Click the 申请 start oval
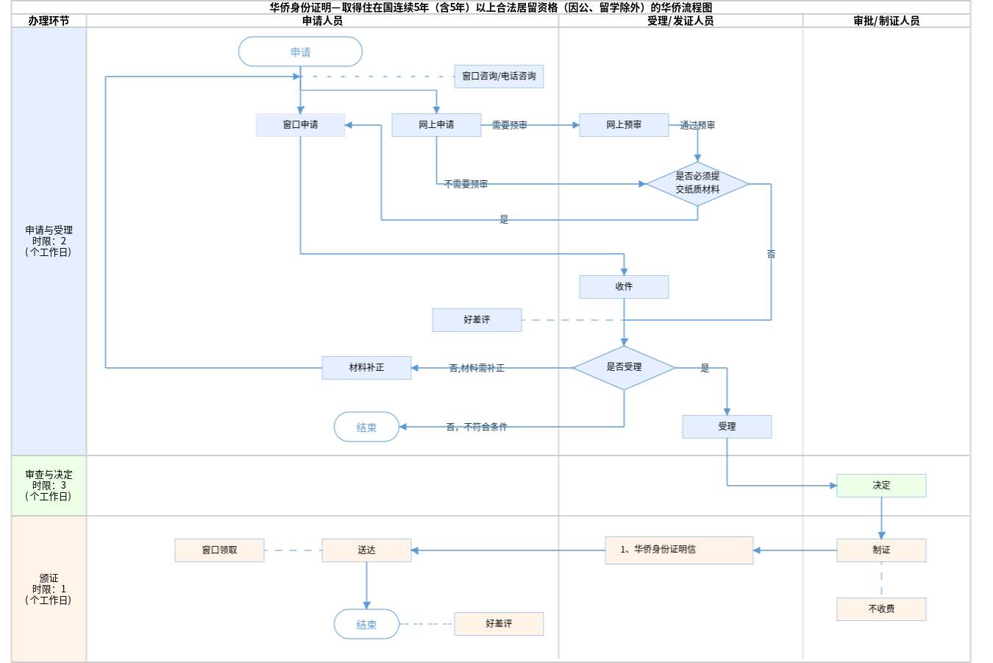pyautogui.click(x=300, y=52)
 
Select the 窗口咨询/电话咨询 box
pyautogui.click(x=499, y=77)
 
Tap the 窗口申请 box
pyautogui.click(x=300, y=125)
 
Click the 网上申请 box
pyautogui.click(x=436, y=125)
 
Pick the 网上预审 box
pyautogui.click(x=624, y=125)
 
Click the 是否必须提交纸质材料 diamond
pyautogui.click(x=697, y=183)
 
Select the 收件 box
pyautogui.click(x=624, y=287)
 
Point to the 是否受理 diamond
pyautogui.click(x=624, y=367)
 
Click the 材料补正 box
pyautogui.click(x=366, y=368)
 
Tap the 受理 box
pyautogui.click(x=727, y=427)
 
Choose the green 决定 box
pyautogui.click(x=881, y=486)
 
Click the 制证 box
pyautogui.click(x=881, y=550)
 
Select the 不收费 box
pyautogui.click(x=881, y=609)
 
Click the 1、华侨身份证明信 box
pyautogui.click(x=679, y=550)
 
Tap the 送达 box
pyautogui.click(x=366, y=550)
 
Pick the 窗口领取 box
pyautogui.click(x=219, y=550)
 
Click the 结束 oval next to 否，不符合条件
pyautogui.click(x=366, y=427)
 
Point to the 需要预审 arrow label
pyautogui.click(x=509, y=126)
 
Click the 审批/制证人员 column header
pyautogui.click(x=886, y=21)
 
